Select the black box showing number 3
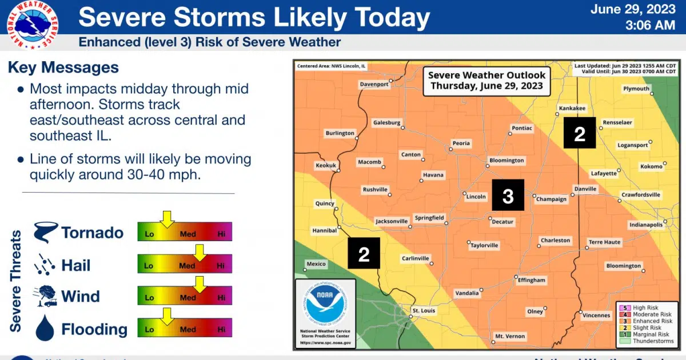coord(508,197)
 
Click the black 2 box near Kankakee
coord(580,133)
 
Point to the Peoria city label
coord(461,143)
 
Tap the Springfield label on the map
coord(429,218)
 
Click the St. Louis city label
coord(424,311)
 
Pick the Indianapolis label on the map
coord(646,225)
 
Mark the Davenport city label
coord(374,85)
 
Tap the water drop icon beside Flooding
coord(45,329)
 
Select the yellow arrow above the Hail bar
coord(200,251)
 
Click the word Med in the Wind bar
coord(188,298)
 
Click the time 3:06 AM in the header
coord(651,25)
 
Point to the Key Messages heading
coord(63,67)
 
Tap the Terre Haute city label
coord(604,242)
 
